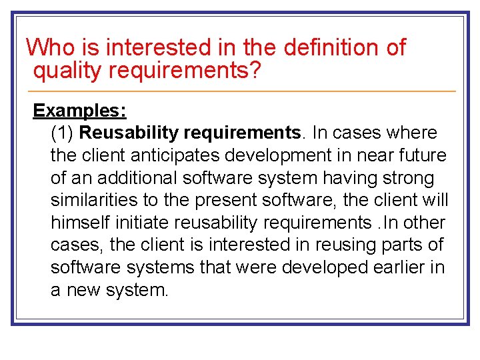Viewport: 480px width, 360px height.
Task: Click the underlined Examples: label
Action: click(79, 110)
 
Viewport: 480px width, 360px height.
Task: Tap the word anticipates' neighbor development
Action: click(292, 155)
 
